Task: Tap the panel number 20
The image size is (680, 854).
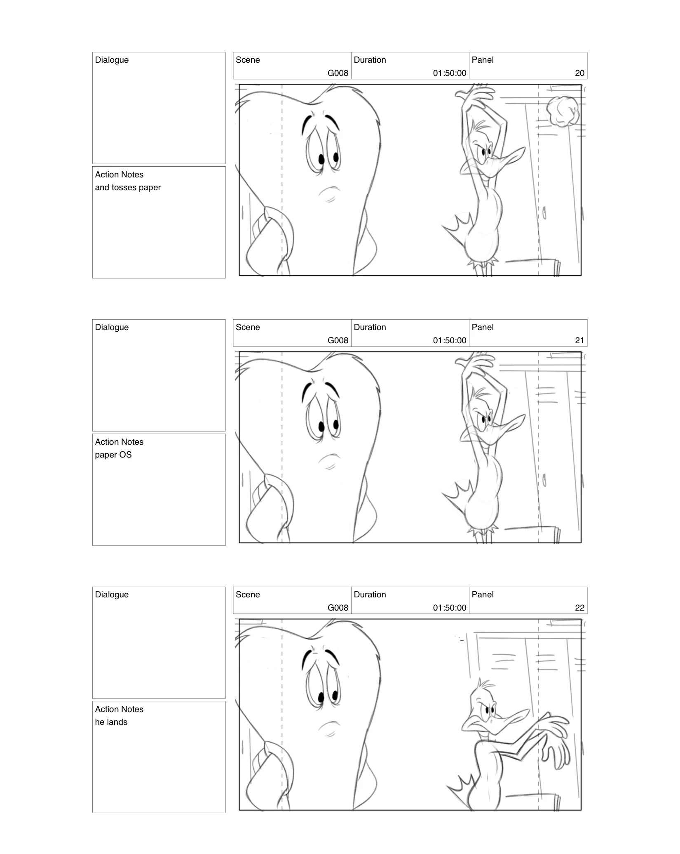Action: coord(579,73)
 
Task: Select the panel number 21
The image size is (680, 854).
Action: coord(579,340)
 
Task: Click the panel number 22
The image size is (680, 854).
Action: coord(579,608)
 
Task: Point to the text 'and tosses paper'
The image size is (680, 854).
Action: coord(128,187)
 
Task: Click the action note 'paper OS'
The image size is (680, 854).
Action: coord(113,455)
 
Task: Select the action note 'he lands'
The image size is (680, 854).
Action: coord(111,722)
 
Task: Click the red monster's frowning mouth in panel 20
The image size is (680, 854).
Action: coord(330,191)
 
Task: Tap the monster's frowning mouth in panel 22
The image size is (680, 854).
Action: coord(330,726)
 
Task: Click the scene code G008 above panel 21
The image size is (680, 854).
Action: coord(338,340)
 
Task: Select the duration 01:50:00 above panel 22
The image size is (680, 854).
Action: coord(449,608)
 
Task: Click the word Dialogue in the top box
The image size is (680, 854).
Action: coord(112,60)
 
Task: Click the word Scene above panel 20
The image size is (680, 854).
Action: coord(248,60)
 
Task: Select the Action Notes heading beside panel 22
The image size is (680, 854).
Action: coord(119,709)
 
